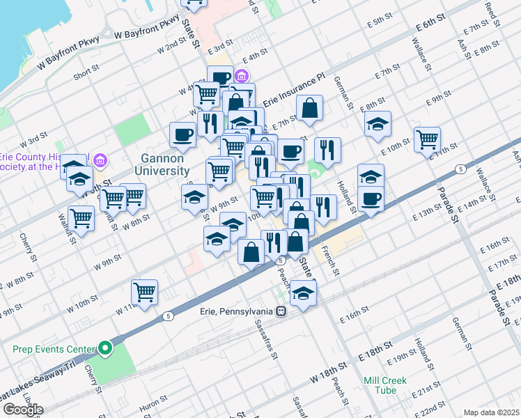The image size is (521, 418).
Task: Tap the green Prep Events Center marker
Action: tap(105, 348)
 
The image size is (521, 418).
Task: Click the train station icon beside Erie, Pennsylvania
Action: tap(281, 311)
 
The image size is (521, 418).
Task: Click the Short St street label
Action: tap(86, 72)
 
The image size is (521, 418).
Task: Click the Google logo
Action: tap(23, 410)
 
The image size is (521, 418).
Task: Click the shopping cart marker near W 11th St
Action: tap(144, 292)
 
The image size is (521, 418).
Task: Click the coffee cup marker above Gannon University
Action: tap(183, 134)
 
